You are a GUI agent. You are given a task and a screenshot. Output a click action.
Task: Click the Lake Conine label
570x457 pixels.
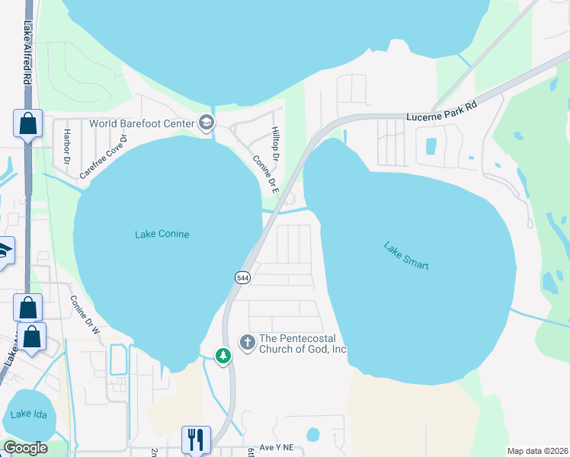(x=162, y=235)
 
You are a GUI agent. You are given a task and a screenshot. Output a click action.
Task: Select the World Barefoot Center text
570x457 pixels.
(x=142, y=123)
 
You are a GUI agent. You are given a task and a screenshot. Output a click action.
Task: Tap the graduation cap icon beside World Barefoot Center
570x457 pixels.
(x=206, y=123)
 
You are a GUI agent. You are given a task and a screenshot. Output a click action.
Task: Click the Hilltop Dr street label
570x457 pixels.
(x=276, y=144)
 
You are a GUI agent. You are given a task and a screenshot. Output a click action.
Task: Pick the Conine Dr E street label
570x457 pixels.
(x=266, y=174)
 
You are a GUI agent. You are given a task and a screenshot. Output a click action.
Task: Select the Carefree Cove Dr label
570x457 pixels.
(x=102, y=157)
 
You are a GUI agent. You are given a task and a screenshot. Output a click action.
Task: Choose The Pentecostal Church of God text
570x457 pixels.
(x=303, y=344)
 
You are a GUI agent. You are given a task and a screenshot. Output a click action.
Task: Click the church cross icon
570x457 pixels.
(x=247, y=343)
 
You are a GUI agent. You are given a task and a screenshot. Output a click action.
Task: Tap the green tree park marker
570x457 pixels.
(x=223, y=356)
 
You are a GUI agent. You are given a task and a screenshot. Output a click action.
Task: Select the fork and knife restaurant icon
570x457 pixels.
(x=195, y=439)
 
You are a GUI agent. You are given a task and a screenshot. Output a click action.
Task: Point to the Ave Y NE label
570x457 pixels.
(x=276, y=447)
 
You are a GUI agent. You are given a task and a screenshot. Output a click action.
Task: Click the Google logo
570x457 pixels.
(x=25, y=448)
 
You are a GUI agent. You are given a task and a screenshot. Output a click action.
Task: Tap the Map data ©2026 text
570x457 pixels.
(x=537, y=451)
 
